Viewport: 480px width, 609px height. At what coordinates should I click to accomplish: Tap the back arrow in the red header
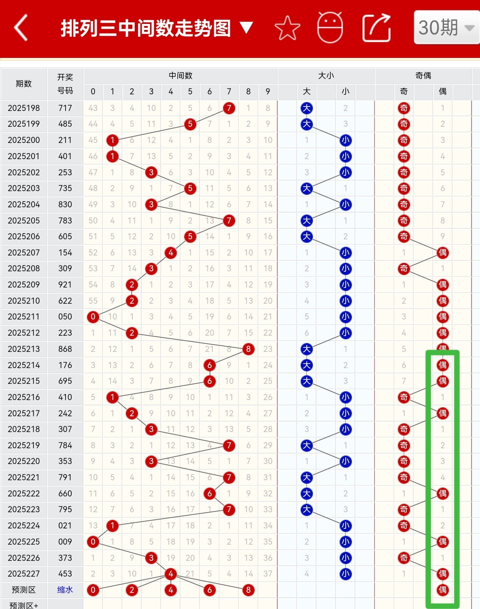point(21,28)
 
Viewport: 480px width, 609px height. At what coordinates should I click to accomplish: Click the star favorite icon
point(287,28)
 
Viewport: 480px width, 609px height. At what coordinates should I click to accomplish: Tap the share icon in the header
point(376,28)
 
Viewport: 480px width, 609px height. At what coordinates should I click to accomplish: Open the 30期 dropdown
point(447,28)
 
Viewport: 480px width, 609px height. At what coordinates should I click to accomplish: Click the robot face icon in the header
point(330,28)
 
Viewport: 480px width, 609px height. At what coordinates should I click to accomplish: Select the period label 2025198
point(24,108)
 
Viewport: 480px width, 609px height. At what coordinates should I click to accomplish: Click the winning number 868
point(65,349)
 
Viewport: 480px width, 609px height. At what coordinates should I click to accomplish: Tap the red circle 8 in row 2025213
point(248,349)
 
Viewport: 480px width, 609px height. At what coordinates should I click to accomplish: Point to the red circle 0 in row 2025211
point(93,317)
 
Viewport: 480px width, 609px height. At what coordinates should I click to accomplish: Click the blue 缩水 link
point(65,590)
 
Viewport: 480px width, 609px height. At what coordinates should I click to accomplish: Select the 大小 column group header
point(326,76)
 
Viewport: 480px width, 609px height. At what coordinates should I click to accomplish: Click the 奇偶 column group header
point(423,76)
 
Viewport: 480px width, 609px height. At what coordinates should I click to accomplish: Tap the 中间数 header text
point(181,76)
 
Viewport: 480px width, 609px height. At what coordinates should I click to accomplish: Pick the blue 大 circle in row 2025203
point(307,188)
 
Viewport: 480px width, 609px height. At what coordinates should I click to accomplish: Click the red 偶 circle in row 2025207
point(443,253)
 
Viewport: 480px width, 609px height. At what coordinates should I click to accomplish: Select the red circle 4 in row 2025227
point(171,574)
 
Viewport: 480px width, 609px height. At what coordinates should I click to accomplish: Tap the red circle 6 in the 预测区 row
point(210,590)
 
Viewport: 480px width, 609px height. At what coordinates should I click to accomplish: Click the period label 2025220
point(24,461)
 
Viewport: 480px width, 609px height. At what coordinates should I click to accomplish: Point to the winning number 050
point(65,317)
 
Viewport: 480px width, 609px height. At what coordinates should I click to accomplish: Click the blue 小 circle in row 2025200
point(346,141)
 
